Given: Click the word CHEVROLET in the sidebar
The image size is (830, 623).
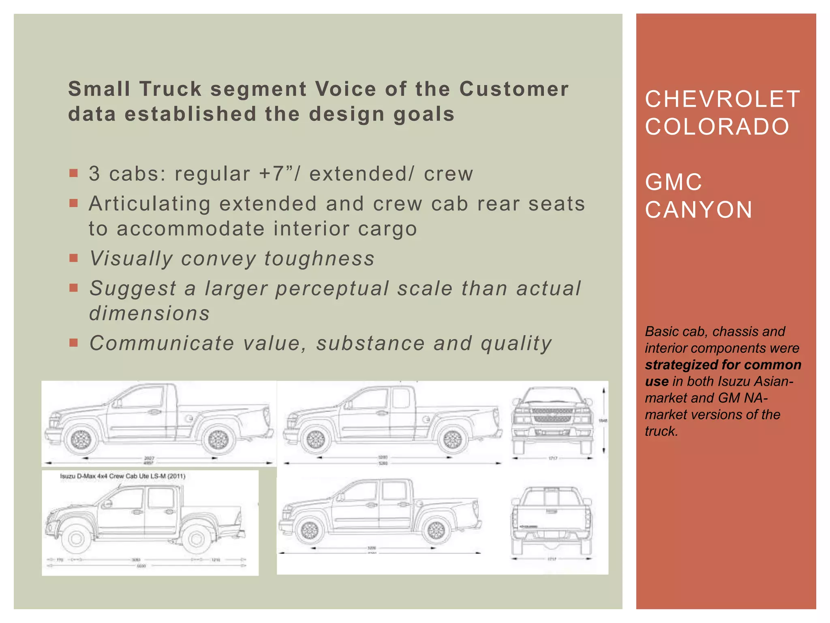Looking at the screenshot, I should (722, 99).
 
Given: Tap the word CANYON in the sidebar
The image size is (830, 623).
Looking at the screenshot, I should (699, 210).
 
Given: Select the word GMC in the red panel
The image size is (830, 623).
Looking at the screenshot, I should (673, 182).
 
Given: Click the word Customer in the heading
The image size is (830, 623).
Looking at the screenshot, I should (514, 89).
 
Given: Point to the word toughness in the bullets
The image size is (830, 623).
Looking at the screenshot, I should (319, 258).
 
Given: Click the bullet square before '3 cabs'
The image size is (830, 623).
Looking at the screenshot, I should (73, 174).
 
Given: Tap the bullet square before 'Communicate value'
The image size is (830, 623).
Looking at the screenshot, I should (73, 343).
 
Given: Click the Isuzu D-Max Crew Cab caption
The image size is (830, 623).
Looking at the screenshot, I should (122, 476).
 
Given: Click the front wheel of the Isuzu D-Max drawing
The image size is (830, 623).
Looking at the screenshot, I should (76, 538).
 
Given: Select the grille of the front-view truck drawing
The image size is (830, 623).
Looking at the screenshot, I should (552, 415).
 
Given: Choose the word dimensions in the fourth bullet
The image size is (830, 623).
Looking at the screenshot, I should (150, 314).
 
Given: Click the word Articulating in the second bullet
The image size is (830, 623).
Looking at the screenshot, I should (150, 204).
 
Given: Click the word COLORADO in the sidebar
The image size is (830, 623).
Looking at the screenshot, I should (717, 127).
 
